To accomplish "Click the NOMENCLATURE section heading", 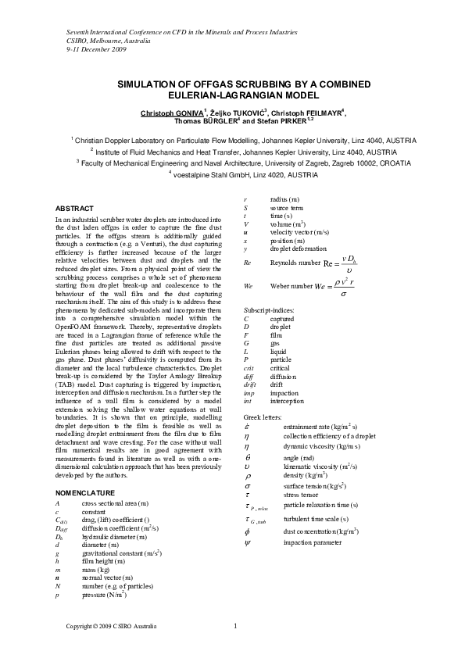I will click(86, 493).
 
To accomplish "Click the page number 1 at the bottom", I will click(235, 625).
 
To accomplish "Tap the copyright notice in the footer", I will click(111, 627).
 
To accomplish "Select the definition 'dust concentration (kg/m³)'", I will click(321, 531).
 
